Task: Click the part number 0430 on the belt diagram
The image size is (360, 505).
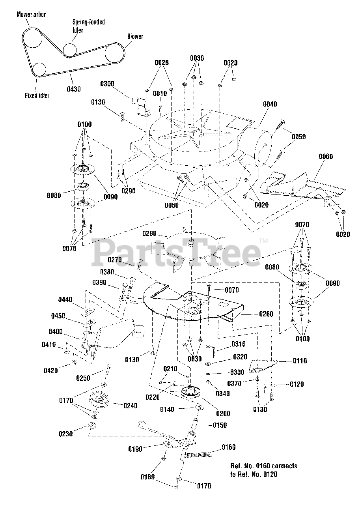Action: (x=74, y=89)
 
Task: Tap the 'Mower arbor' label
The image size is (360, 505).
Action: (x=31, y=15)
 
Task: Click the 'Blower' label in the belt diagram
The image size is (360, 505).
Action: (x=135, y=37)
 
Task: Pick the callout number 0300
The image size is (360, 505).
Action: (x=107, y=84)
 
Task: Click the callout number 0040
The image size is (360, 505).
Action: (x=270, y=104)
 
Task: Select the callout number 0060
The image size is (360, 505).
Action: (x=326, y=157)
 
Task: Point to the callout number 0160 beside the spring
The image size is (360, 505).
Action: (x=228, y=447)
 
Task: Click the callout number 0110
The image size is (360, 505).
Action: (x=299, y=361)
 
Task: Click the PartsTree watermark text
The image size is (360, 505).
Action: (x=176, y=253)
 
